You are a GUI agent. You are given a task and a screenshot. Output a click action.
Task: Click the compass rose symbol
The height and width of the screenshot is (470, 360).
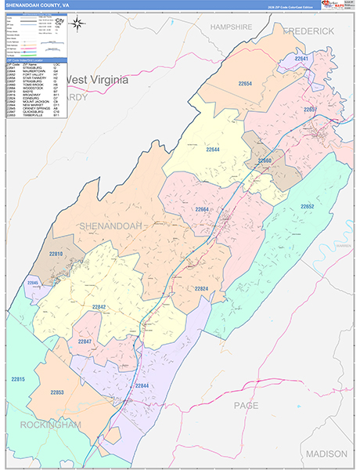[78, 23]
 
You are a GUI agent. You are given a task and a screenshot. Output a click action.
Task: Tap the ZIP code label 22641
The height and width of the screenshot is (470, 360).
[303, 59]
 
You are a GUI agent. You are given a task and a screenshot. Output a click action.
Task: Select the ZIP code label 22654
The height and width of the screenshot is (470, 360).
[245, 83]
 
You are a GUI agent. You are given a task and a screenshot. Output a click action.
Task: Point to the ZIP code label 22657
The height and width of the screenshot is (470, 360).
[311, 109]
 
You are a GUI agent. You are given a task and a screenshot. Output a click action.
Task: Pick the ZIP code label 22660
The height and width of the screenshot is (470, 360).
[264, 161]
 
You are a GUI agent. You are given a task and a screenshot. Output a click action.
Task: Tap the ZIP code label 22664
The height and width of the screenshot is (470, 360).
[203, 209]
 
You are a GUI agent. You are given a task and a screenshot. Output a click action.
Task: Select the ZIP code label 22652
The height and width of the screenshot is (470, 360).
[307, 206]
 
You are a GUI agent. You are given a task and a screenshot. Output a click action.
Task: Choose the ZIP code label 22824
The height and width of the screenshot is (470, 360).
[201, 289]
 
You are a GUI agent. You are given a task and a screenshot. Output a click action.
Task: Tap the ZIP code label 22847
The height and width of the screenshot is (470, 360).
[85, 342]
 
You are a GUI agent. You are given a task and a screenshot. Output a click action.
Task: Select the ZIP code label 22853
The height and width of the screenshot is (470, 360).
[59, 392]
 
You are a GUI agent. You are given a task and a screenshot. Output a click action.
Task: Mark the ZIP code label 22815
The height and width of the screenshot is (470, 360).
[18, 379]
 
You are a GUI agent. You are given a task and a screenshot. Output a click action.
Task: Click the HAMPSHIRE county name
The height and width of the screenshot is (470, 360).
[231, 27]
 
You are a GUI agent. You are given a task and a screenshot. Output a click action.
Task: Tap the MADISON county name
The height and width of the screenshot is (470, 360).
[326, 454]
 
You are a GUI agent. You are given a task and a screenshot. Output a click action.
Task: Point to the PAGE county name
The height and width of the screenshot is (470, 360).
[246, 405]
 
